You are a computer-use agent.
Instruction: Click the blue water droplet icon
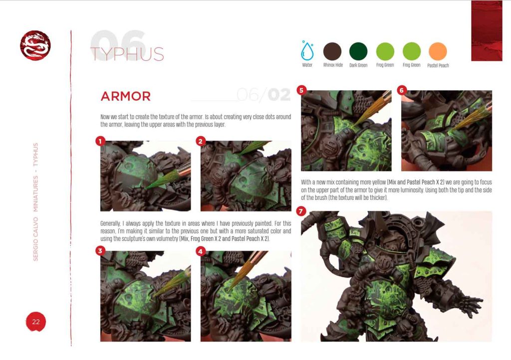[x=307, y=50]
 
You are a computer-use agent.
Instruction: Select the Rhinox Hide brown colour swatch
[x=332, y=51]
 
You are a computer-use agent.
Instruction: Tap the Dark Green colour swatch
[x=358, y=51]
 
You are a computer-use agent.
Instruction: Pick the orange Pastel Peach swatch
[x=438, y=51]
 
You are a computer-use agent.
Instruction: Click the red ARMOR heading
[x=125, y=96]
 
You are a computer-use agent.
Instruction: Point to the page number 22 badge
[x=36, y=322]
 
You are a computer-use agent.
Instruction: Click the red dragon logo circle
[x=35, y=46]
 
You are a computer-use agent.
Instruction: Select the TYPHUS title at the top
[x=127, y=54]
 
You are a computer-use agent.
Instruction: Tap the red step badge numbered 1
[x=100, y=142]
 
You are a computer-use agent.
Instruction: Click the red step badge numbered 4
[x=201, y=251]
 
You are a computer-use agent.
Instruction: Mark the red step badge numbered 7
[x=301, y=211]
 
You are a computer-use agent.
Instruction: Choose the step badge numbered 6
[x=402, y=90]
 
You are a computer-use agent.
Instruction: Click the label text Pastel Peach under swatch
[x=438, y=65]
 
